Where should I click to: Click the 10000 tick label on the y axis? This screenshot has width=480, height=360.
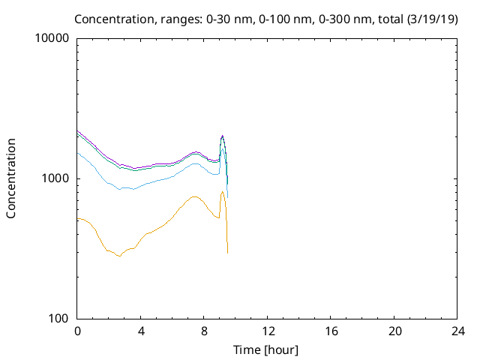[x=53, y=39]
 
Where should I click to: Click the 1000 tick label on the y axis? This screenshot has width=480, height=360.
[x=56, y=178]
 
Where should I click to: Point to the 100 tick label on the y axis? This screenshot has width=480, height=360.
[x=59, y=319]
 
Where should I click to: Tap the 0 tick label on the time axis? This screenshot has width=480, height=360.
[x=77, y=331]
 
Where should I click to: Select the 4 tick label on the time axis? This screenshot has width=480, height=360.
[x=141, y=331]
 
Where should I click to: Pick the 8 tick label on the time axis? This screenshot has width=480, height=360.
[x=204, y=331]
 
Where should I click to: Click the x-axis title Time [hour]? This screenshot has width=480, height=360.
[x=267, y=349]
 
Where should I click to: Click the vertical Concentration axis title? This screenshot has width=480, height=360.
[x=11, y=178]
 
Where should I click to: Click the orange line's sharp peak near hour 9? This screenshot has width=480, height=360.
[x=223, y=192]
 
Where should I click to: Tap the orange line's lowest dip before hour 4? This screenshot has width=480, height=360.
[x=118, y=256]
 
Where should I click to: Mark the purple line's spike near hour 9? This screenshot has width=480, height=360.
[x=223, y=136]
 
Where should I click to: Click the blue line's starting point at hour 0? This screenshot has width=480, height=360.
[x=78, y=152]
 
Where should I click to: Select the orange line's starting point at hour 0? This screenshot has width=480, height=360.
[x=78, y=219]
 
